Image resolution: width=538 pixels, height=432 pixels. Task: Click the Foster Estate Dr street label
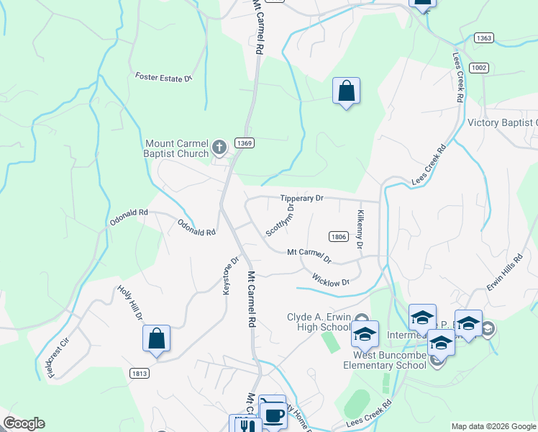tap(164, 76)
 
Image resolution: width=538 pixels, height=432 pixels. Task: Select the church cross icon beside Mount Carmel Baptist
tap(220, 148)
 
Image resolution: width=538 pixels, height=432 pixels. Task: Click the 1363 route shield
tap(484, 37)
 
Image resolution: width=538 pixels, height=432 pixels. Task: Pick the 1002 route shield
tap(478, 67)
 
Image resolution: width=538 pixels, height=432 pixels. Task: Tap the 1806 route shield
tap(339, 236)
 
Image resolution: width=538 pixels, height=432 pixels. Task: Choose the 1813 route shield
tap(140, 373)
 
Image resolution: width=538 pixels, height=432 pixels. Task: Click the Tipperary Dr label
tap(303, 198)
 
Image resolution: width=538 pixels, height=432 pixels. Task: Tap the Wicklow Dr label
tap(330, 279)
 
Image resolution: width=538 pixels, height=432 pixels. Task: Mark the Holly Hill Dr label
tap(131, 302)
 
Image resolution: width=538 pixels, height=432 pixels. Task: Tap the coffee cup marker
tap(273, 415)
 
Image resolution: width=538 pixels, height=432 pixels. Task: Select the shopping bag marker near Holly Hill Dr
tap(156, 338)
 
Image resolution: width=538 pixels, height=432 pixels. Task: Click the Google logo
tap(24, 423)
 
